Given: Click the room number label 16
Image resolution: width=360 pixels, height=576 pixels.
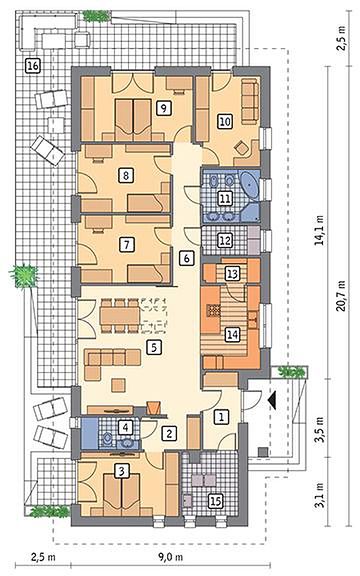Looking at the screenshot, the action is click(x=32, y=66).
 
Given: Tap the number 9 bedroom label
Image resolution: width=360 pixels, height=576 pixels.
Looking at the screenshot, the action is click(x=163, y=108).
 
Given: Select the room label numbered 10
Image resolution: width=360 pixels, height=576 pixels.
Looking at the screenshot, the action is click(x=225, y=121).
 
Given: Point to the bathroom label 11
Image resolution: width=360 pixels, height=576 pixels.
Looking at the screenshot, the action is click(x=224, y=199).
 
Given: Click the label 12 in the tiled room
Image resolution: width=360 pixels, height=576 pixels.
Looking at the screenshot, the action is click(x=224, y=241).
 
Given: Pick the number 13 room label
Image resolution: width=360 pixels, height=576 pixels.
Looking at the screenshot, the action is click(x=233, y=274).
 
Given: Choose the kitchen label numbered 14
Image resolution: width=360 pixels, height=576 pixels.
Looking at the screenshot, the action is click(x=232, y=335).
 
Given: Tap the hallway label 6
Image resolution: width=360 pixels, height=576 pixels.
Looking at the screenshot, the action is click(x=186, y=258).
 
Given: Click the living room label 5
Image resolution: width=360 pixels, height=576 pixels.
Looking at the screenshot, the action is click(x=154, y=347).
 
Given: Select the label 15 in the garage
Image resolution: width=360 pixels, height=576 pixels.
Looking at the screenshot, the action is click(x=216, y=501).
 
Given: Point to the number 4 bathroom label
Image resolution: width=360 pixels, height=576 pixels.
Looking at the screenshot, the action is click(x=126, y=427).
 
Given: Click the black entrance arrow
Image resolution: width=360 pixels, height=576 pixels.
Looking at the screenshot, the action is click(x=272, y=400).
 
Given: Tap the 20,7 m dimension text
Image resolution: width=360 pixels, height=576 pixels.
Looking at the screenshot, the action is click(x=342, y=295).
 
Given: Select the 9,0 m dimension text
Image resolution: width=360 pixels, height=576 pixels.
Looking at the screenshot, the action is click(x=170, y=557).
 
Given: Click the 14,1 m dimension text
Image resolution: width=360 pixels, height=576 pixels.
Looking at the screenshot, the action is click(x=320, y=230).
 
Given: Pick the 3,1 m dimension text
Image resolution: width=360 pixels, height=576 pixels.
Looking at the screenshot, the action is click(x=320, y=495).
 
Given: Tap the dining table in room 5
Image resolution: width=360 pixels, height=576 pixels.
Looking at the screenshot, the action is click(x=120, y=315).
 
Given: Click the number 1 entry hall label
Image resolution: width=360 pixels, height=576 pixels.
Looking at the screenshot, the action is click(x=221, y=417).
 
